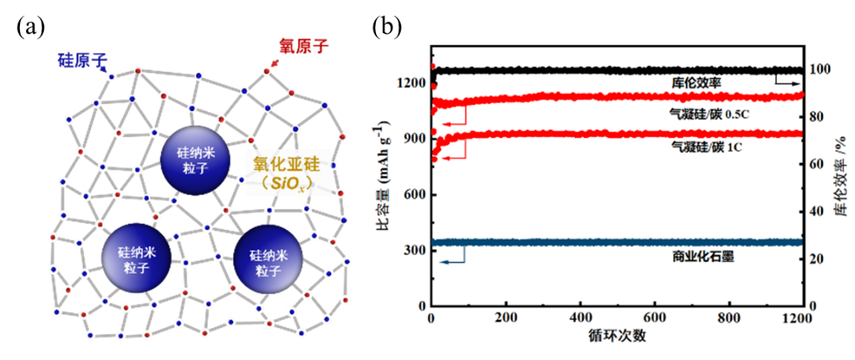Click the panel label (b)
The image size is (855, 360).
click(x=387, y=28)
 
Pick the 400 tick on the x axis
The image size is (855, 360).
click(x=581, y=318)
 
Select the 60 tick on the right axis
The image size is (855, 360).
click(x=820, y=164)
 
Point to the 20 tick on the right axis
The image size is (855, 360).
click(x=820, y=259)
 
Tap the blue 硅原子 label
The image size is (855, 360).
click(x=82, y=59)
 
